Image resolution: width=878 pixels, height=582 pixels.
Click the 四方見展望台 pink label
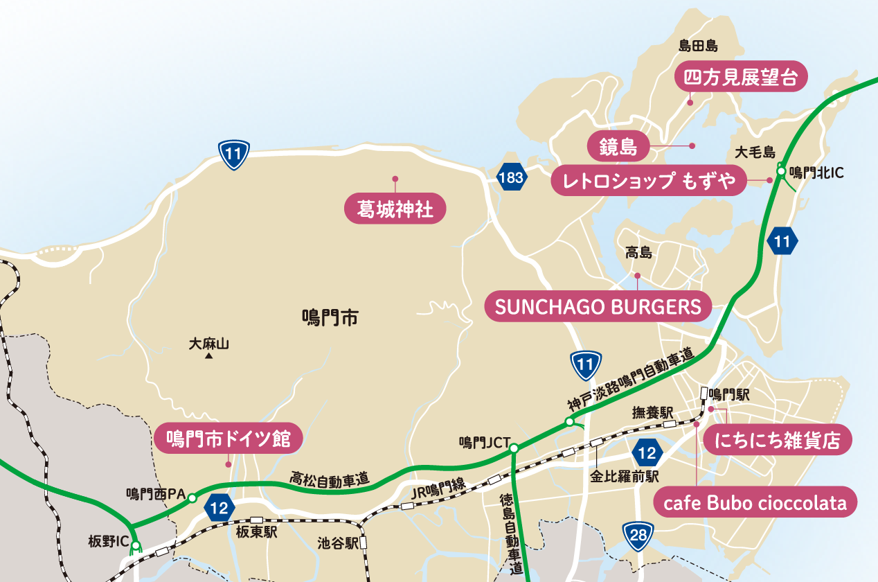point(742,78)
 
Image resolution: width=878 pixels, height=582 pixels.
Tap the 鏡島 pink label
point(618,146)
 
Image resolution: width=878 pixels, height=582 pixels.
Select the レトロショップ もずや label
point(649,182)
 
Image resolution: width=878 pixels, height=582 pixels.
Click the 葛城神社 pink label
point(395,209)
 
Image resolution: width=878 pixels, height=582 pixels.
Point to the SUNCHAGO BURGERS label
point(598,306)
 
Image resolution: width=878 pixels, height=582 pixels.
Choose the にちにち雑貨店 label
point(777,440)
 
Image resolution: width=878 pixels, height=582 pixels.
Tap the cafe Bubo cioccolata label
point(755,503)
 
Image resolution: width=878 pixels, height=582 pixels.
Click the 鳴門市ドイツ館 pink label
point(228,439)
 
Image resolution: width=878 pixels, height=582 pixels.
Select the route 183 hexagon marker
point(511,178)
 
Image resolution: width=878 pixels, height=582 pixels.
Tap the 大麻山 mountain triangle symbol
point(208,357)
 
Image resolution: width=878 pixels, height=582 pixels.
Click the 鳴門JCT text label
point(485,441)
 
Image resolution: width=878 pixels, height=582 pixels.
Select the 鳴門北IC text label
point(816,172)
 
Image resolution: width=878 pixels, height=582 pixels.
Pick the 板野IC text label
point(109,540)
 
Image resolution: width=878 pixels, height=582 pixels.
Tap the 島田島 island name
point(697,46)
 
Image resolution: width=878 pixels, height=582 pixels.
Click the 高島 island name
point(638,254)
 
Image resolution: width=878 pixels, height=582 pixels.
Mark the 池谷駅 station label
point(338,543)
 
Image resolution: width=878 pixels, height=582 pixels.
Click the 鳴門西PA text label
point(156,494)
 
